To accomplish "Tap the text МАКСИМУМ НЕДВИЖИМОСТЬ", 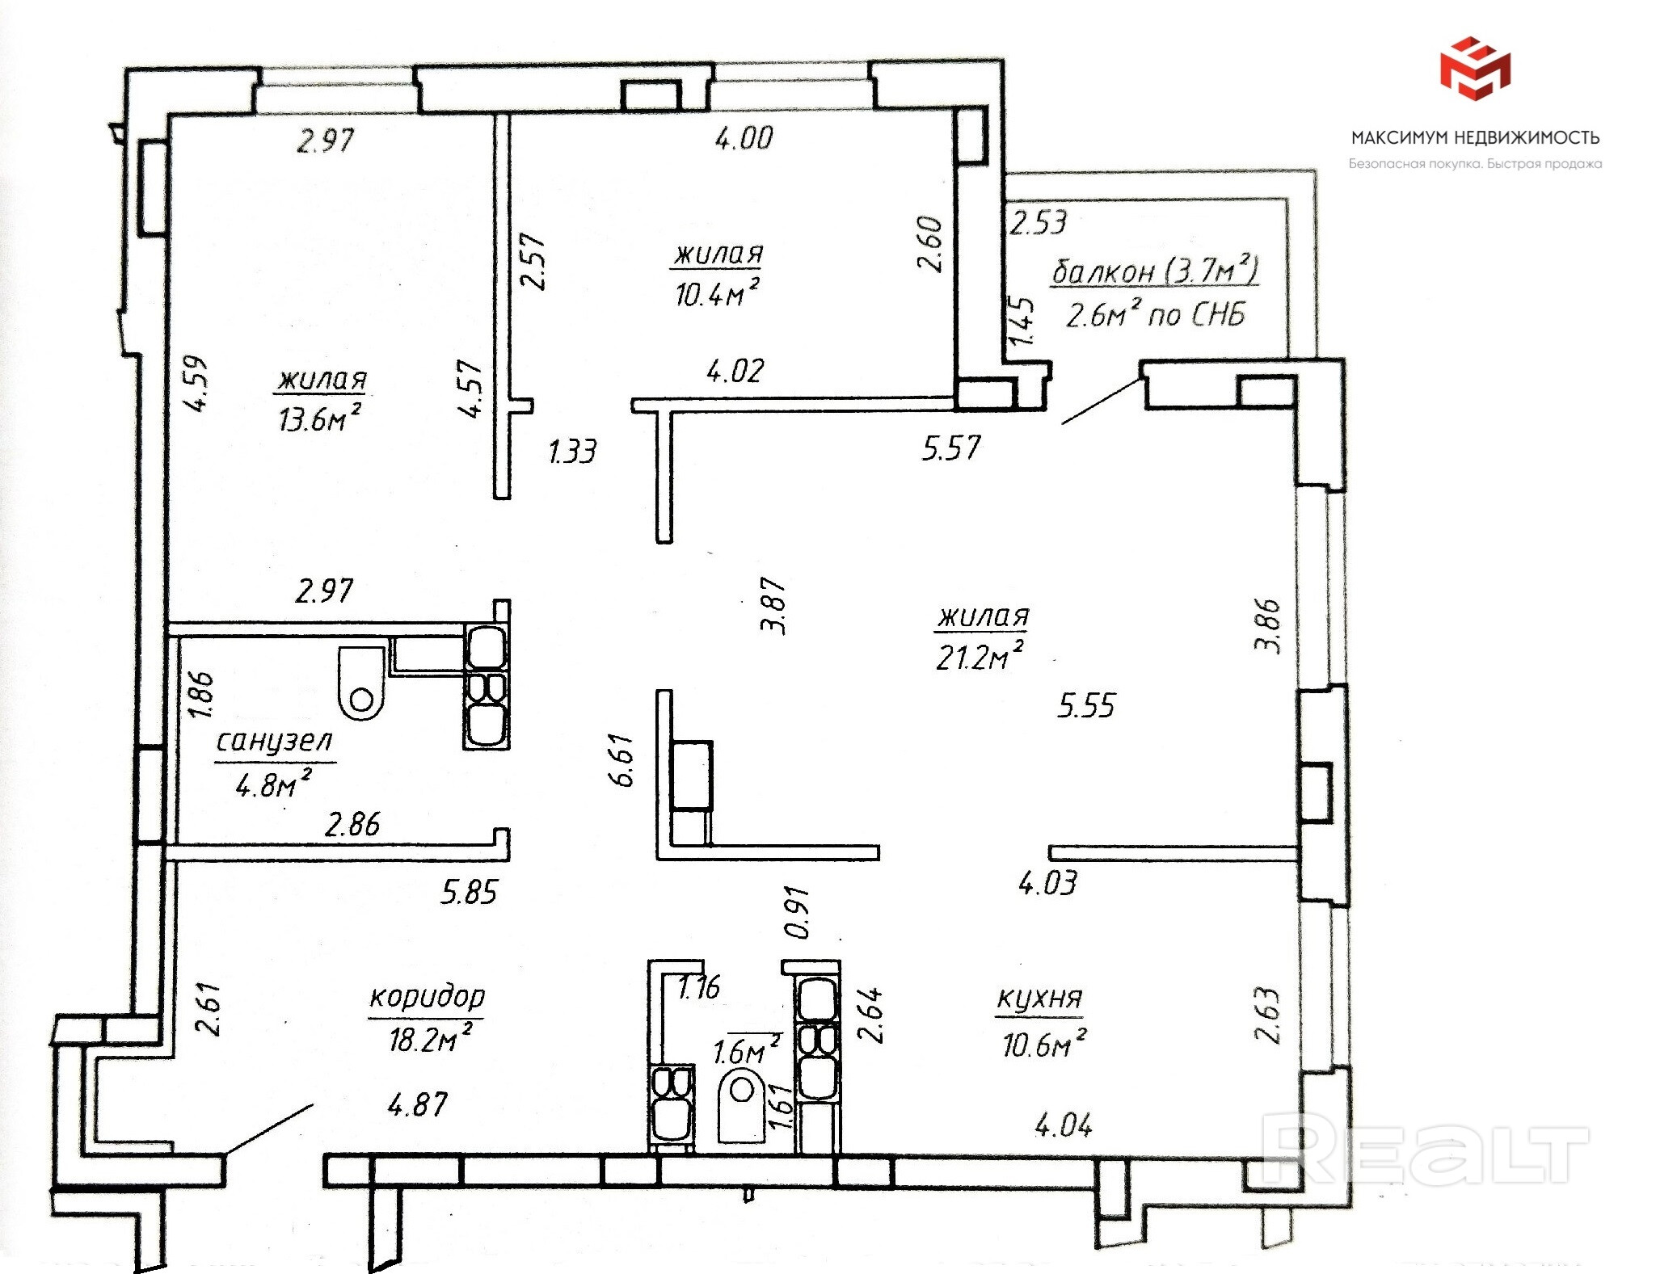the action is click(1475, 137).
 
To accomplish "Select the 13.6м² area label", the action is click(319, 418).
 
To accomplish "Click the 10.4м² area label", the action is click(717, 292).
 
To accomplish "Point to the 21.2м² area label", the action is click(979, 656).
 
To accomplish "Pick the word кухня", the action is click(1039, 999).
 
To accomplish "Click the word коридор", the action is click(428, 998).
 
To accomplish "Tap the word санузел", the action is click(275, 741).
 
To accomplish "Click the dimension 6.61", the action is click(623, 759).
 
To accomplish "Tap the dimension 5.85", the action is click(469, 892).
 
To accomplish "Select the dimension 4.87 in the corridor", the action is click(417, 1104).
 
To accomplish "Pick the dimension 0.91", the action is click(798, 913).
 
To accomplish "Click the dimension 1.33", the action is click(572, 452).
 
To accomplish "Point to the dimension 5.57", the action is click(951, 448).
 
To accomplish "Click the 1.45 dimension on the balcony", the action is click(1022, 322).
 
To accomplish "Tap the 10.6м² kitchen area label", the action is click(1044, 1043).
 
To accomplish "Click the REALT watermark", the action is click(1424, 1148).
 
